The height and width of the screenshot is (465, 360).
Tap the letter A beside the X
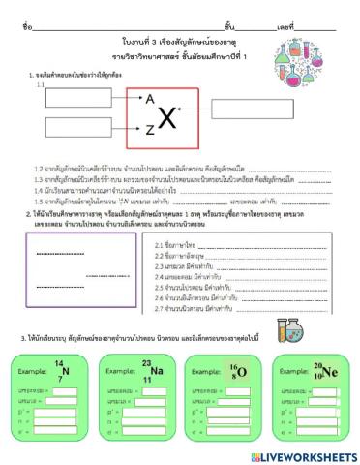(150, 98)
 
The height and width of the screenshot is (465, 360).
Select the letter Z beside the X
(150, 130)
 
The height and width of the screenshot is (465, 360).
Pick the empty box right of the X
(236, 112)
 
